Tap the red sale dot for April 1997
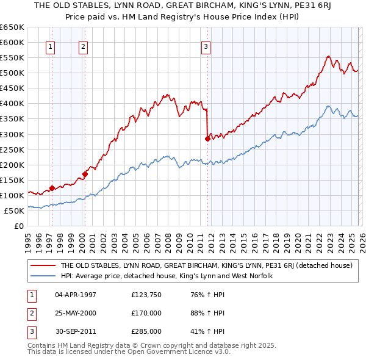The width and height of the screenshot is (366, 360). click(x=52, y=188)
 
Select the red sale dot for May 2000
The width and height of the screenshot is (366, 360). click(x=85, y=174)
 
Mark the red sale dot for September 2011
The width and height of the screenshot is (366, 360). click(x=207, y=139)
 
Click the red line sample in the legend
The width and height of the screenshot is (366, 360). click(x=43, y=266)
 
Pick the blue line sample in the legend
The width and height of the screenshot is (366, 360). click(x=43, y=276)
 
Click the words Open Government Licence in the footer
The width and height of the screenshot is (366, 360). click(x=187, y=353)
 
